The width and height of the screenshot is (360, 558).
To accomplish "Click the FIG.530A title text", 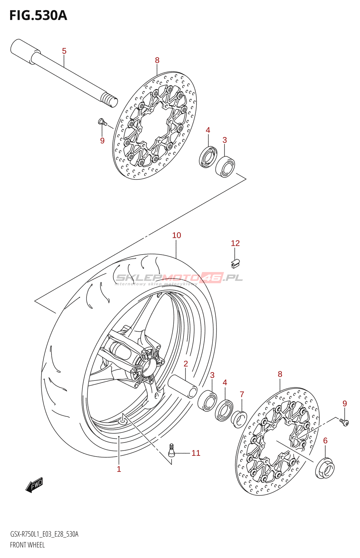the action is coord(38,16).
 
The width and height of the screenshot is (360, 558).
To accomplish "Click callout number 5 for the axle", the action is coord(64,51).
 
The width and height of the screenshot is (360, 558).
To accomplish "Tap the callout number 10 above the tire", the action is coord(177,235).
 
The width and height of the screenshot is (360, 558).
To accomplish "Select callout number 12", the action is coord(235,243).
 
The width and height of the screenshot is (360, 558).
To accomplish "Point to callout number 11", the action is coord(196,453).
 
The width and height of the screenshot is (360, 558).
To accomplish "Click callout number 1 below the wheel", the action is coord(119,469).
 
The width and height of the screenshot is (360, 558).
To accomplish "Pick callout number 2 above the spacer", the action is coord(186,364).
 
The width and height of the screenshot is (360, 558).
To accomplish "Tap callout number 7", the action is coord(242,394).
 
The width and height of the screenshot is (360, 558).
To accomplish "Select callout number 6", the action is coord(325,441).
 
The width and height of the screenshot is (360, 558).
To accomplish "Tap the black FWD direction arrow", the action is coord(34,484).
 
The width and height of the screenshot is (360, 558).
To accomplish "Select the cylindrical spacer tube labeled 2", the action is coord(182,386).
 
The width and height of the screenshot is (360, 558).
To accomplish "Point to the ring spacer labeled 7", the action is coord(240,419).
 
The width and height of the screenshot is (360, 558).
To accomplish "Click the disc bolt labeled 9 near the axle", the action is coord(102,122).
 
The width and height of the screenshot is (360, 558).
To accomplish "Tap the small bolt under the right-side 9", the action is coord(344,422).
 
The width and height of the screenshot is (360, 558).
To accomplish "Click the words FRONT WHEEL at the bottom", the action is coord(27,545).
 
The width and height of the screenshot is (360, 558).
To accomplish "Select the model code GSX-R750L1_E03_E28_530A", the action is coord(44,534).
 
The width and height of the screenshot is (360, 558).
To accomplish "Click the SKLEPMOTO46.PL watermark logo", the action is coord(179,278).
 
